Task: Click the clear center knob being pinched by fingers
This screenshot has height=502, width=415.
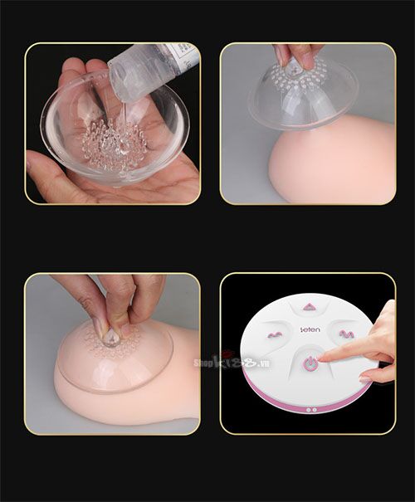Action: (110, 337)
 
